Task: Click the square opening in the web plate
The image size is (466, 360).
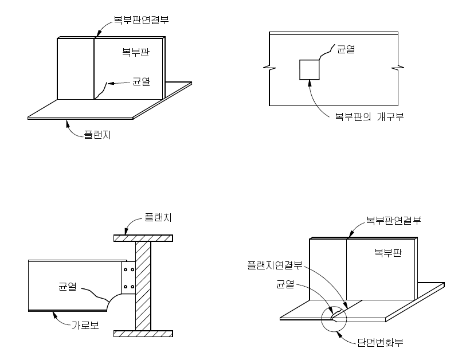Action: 310,69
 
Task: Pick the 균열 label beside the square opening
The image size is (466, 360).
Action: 346,50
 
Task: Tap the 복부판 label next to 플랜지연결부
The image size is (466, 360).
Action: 387,252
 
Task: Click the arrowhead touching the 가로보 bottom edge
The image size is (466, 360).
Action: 53,313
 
